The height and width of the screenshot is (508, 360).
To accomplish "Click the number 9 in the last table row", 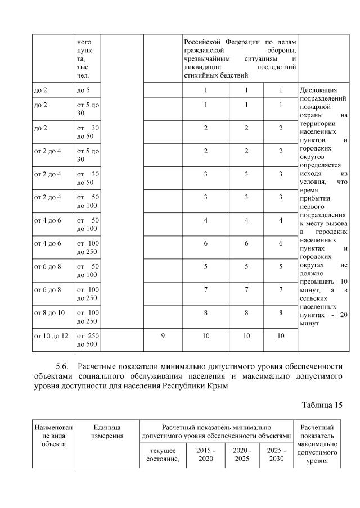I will [x=163, y=335].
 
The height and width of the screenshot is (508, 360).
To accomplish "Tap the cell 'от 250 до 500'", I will [x=87, y=340].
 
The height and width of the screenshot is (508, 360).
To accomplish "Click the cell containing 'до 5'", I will [x=83, y=90].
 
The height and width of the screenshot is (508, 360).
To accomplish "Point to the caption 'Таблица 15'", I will [x=321, y=405].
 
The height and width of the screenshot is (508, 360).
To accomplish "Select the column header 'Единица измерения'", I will [x=107, y=432].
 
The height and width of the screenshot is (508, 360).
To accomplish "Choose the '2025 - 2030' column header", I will [x=276, y=455].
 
